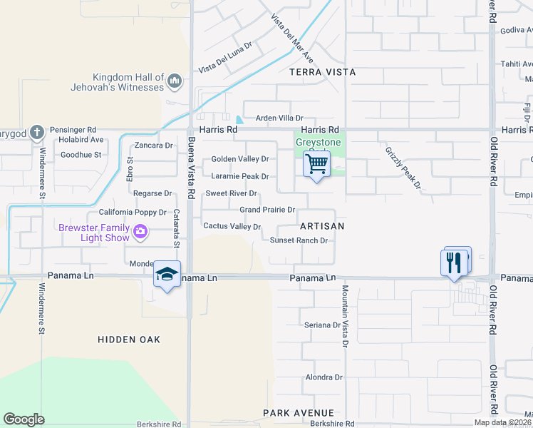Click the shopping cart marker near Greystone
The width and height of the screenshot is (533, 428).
click(316, 164)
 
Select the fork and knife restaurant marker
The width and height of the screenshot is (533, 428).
click(455, 263)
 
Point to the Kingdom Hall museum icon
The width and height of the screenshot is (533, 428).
click(175, 82)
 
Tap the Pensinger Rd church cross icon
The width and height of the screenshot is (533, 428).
click(38, 131)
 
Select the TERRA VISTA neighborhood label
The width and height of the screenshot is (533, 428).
click(322, 73)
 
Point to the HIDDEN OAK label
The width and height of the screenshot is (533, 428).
click(129, 340)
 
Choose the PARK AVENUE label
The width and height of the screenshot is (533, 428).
click(298, 413)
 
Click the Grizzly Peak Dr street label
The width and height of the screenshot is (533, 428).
click(404, 168)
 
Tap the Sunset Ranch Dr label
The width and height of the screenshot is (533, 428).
click(299, 240)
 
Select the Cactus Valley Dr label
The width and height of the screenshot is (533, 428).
click(232, 226)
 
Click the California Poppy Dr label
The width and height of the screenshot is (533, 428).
click(132, 213)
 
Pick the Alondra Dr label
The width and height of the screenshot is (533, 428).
click(324, 377)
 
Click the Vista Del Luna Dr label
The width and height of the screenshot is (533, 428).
click(225, 57)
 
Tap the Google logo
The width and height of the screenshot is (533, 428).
click(24, 419)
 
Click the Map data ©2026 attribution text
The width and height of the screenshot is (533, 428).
click(502, 422)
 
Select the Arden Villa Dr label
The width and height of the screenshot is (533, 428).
click(274, 118)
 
